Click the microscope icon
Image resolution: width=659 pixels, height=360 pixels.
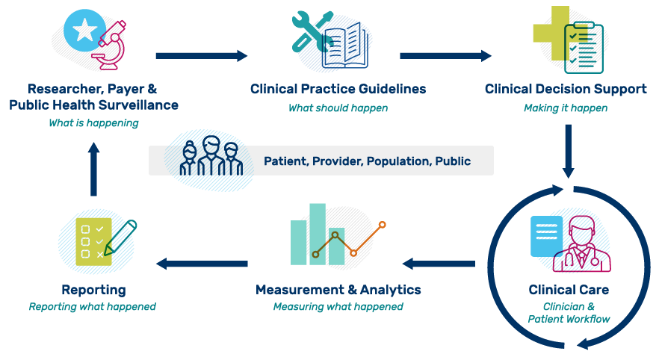point(107,43)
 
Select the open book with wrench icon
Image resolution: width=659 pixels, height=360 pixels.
point(331,40)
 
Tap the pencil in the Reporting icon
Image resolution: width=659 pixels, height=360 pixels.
point(120,238)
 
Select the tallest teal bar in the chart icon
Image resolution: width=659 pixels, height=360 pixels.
point(318,233)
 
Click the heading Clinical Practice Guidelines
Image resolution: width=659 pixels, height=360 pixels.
point(338,89)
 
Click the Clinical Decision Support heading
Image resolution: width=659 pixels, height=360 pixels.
point(566,89)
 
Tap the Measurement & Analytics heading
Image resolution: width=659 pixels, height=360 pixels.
point(338,289)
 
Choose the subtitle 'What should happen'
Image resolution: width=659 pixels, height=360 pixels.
point(338,108)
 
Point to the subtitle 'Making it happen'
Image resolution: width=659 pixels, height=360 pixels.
point(566,108)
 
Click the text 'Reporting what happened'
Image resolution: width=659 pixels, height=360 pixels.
point(93,307)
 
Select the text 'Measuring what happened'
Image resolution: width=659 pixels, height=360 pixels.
point(338,307)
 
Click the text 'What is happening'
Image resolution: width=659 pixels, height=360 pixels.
point(93,123)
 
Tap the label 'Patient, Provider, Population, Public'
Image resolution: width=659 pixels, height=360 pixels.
point(367,161)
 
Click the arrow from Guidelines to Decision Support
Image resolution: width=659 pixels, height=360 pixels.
point(445,55)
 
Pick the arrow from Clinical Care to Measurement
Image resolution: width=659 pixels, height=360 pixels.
point(439,264)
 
